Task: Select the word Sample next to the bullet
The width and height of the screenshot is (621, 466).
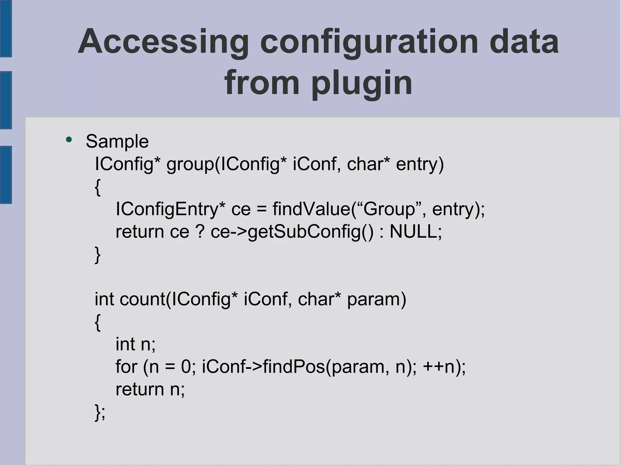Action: (117, 141)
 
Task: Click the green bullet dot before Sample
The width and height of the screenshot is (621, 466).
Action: (69, 140)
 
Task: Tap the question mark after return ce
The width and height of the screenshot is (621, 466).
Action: (200, 232)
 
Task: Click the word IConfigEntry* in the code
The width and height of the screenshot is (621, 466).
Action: (170, 209)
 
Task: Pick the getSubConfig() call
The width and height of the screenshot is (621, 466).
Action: (310, 232)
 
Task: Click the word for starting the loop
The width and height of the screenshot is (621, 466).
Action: (126, 367)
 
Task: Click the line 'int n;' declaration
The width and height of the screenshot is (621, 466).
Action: (136, 344)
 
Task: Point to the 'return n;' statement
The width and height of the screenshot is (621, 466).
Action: (150, 389)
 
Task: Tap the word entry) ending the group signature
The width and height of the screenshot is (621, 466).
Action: (420, 164)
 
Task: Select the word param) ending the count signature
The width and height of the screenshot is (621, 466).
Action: (376, 299)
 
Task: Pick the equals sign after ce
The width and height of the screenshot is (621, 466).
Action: (262, 210)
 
